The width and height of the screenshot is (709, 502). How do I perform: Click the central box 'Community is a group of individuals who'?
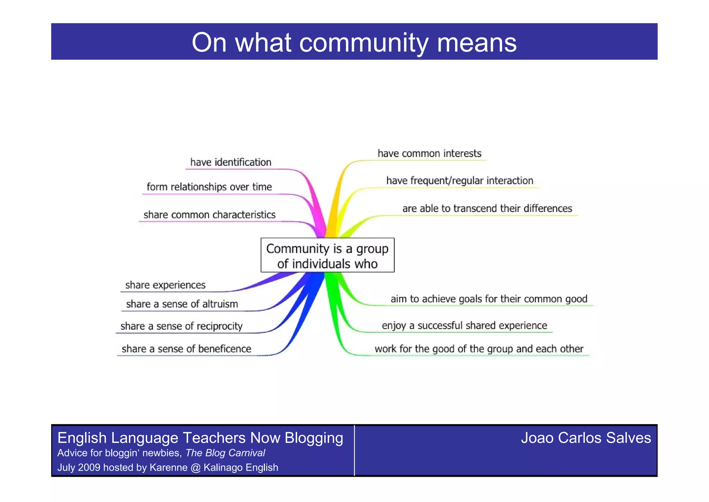click(x=327, y=256)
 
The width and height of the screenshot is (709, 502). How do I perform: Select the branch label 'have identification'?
click(x=231, y=162)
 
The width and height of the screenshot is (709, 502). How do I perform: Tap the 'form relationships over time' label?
click(x=209, y=187)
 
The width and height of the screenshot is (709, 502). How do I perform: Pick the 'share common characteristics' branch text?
click(x=209, y=215)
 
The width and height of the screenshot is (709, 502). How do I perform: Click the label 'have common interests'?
click(x=429, y=153)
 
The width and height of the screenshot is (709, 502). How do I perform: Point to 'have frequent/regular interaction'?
click(x=459, y=180)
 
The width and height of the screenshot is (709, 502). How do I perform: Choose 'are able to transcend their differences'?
click(x=487, y=208)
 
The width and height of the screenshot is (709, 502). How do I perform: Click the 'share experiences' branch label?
click(x=165, y=285)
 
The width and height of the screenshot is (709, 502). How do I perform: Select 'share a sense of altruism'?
click(x=182, y=304)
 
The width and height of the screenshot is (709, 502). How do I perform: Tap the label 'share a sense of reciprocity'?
click(x=181, y=326)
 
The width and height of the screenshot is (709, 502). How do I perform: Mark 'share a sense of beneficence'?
click(x=186, y=349)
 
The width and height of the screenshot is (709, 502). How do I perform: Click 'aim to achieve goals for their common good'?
click(x=489, y=299)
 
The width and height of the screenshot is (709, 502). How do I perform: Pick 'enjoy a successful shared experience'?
click(x=464, y=325)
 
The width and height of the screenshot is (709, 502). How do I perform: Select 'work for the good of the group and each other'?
click(x=479, y=349)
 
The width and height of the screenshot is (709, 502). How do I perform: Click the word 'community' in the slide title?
click(x=364, y=43)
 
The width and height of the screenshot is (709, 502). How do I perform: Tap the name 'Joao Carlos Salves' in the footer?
click(x=586, y=438)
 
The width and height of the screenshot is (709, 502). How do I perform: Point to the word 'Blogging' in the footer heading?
click(x=314, y=438)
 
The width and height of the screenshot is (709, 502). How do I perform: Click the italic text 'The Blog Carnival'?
click(x=225, y=453)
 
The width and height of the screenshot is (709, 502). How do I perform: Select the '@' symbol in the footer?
click(x=195, y=467)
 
